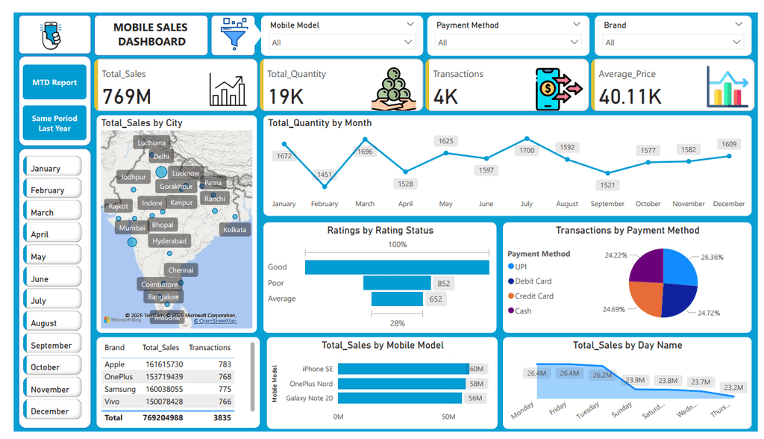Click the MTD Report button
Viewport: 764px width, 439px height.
(x=54, y=82)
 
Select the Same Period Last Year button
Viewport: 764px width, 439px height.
(x=54, y=123)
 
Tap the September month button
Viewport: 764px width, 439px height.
(x=51, y=345)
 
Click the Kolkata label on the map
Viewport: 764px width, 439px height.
(x=235, y=229)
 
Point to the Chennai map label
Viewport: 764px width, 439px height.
(x=181, y=270)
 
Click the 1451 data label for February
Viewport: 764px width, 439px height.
(x=325, y=175)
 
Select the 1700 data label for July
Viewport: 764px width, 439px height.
(x=527, y=150)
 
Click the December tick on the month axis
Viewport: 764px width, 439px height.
(x=728, y=204)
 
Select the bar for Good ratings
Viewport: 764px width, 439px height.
(x=397, y=267)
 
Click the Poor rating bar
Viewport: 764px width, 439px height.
(x=397, y=283)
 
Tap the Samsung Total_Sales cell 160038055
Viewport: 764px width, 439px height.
(x=164, y=389)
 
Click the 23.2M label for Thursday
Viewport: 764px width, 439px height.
(x=733, y=387)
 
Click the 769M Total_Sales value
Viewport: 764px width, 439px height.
(x=127, y=96)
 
